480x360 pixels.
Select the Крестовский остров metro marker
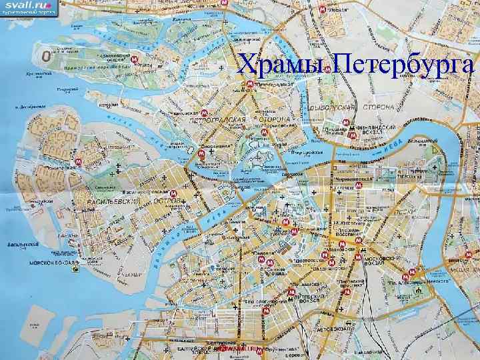tap(135, 60)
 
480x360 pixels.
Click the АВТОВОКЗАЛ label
tap(333, 329)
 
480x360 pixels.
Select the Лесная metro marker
tap(322, 11)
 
